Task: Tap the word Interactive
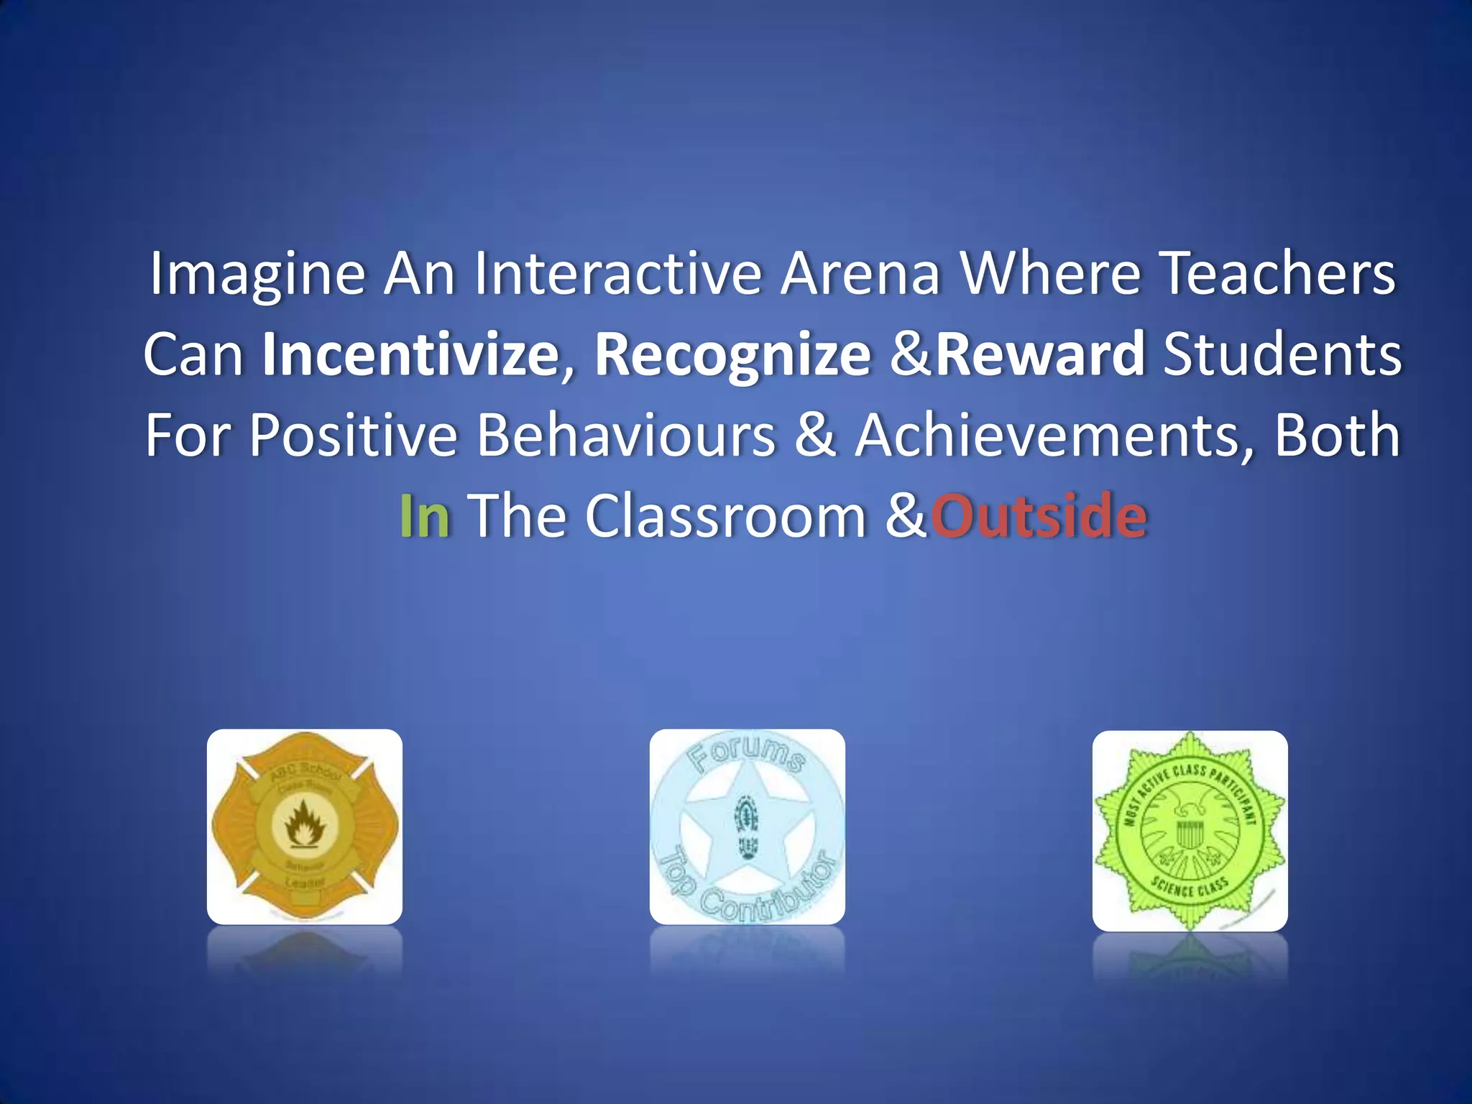[617, 273]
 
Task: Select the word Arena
[860, 273]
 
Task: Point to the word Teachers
[1277, 273]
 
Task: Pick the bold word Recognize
[732, 354]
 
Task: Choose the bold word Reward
[1040, 354]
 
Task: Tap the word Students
[1282, 354]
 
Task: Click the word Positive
[353, 436]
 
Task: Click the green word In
[424, 516]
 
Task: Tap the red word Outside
[1039, 516]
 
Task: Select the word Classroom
[726, 516]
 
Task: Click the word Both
[1337, 436]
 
